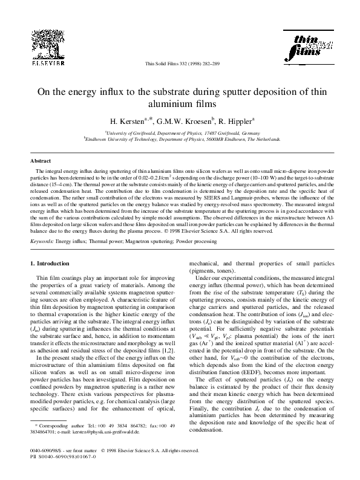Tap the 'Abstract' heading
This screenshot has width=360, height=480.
[41, 162]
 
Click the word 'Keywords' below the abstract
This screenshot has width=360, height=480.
[42, 241]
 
